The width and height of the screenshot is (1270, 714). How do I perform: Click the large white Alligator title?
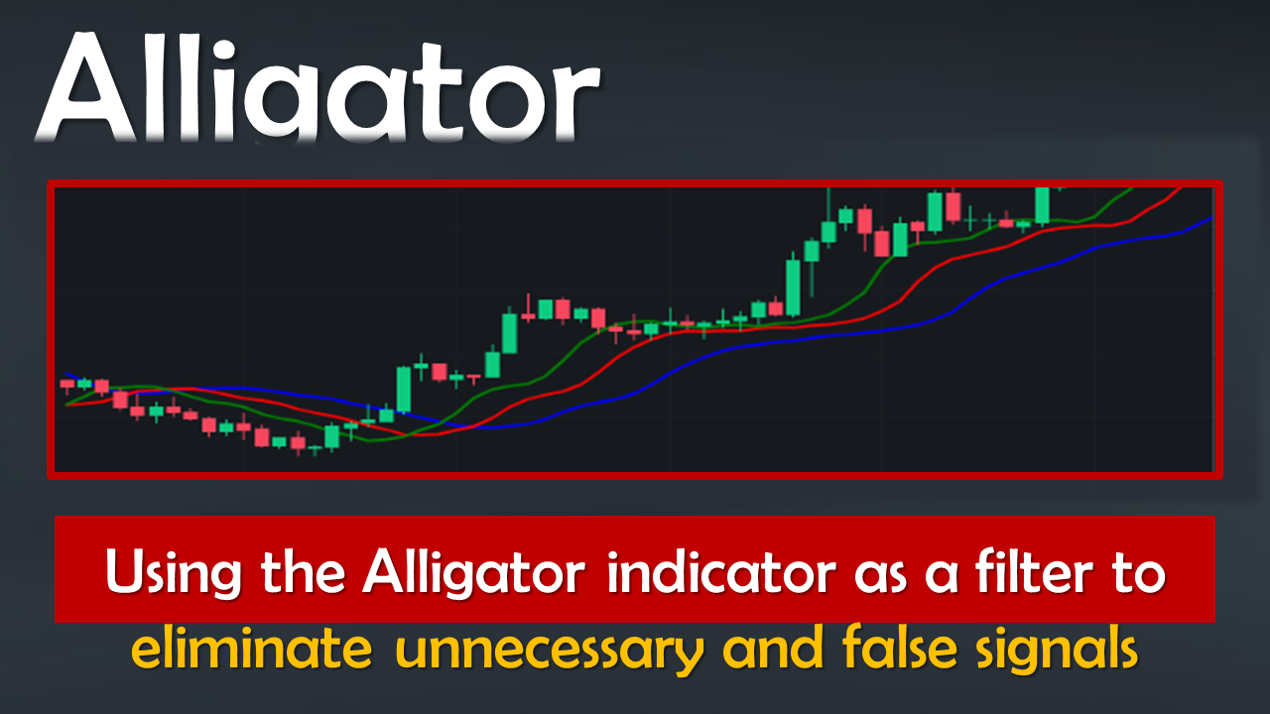(x=317, y=88)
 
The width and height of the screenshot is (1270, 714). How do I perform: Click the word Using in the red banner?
(x=174, y=573)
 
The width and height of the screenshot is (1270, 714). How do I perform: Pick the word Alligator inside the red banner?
(x=474, y=573)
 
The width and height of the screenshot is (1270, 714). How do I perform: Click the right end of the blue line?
(x=1212, y=217)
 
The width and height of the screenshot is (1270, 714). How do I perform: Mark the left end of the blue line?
(x=66, y=374)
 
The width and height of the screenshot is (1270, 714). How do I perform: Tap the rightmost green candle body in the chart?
(x=1042, y=204)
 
